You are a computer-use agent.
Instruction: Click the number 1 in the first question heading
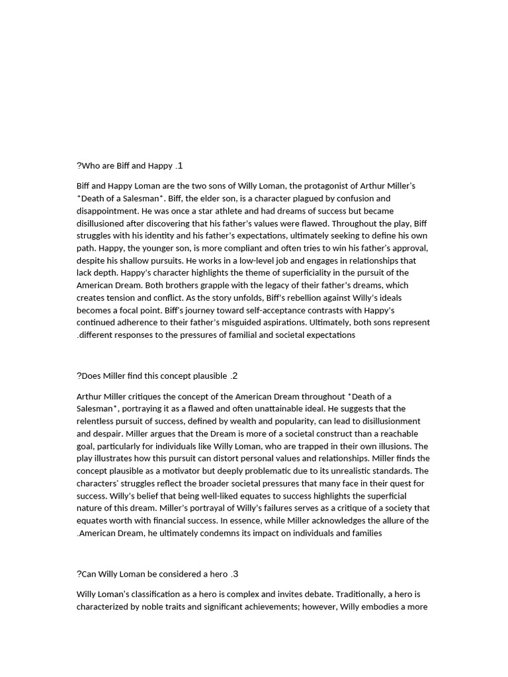(x=179, y=165)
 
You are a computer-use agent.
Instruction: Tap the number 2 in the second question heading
(x=235, y=376)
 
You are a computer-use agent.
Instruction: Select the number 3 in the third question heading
(x=235, y=574)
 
